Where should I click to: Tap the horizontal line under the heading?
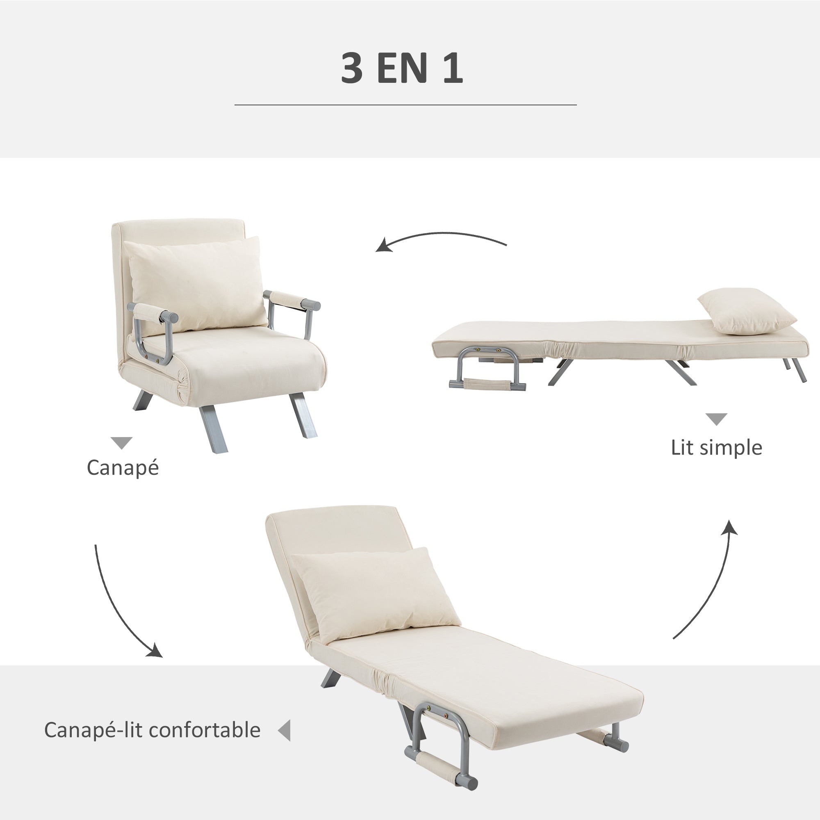point(405,105)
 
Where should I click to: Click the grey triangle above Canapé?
point(121,443)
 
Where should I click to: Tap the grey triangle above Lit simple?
point(716,419)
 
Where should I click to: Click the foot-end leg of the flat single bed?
point(798,369)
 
